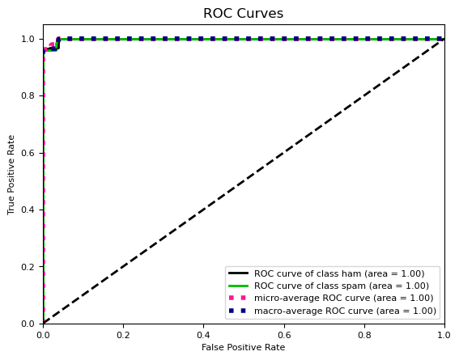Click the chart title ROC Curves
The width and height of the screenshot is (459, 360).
click(x=243, y=14)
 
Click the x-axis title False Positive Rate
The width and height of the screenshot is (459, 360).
click(x=243, y=348)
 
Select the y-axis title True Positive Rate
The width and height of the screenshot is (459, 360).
click(x=12, y=175)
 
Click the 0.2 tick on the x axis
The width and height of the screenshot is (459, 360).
click(x=123, y=332)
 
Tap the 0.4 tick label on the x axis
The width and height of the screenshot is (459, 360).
click(x=203, y=332)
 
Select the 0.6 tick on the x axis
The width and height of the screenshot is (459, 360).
click(x=283, y=332)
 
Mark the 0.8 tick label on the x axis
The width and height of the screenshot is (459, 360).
click(x=363, y=332)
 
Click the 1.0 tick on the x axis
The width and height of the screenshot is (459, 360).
click(x=443, y=332)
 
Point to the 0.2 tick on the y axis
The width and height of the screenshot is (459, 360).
click(x=28, y=267)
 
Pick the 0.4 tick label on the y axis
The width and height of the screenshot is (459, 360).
click(x=28, y=210)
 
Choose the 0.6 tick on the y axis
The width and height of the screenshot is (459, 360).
click(x=28, y=153)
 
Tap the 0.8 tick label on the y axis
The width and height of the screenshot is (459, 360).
click(x=28, y=96)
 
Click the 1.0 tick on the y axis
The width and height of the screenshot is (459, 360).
click(x=28, y=39)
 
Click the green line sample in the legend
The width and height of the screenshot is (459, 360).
click(x=239, y=286)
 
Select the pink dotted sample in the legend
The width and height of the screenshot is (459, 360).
click(x=239, y=299)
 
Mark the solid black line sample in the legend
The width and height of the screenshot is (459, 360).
click(x=239, y=273)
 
